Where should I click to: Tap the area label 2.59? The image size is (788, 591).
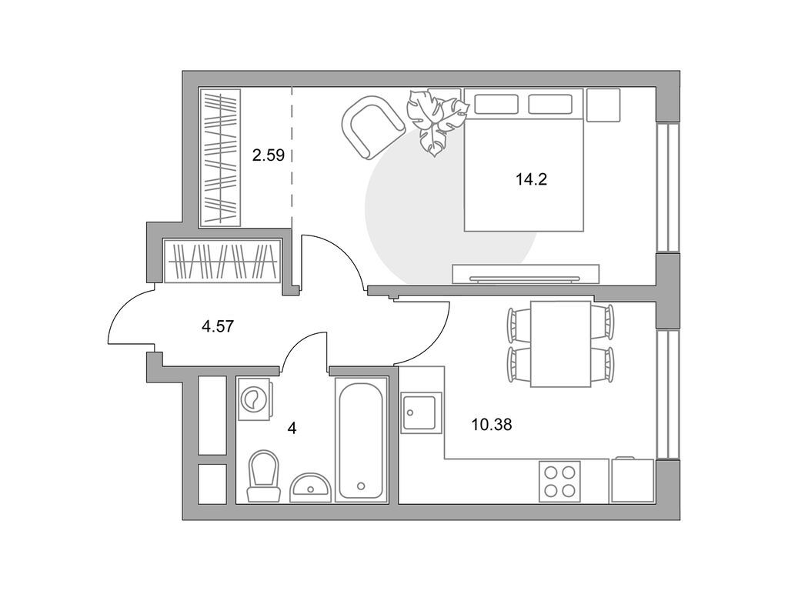coord(269,155)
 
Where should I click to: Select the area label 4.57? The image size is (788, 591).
coord(217,326)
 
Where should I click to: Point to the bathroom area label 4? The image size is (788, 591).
coord(292,428)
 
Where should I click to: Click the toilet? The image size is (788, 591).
coord(262,476)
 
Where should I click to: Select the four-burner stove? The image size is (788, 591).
coord(559,481)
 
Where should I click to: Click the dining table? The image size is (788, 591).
coord(561,344)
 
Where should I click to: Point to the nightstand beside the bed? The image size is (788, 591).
coord(603,105)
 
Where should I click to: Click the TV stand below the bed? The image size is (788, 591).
coord(526,273)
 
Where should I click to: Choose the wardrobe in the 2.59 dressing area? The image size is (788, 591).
coord(221,158)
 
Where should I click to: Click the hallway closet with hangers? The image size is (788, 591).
coord(222,262)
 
